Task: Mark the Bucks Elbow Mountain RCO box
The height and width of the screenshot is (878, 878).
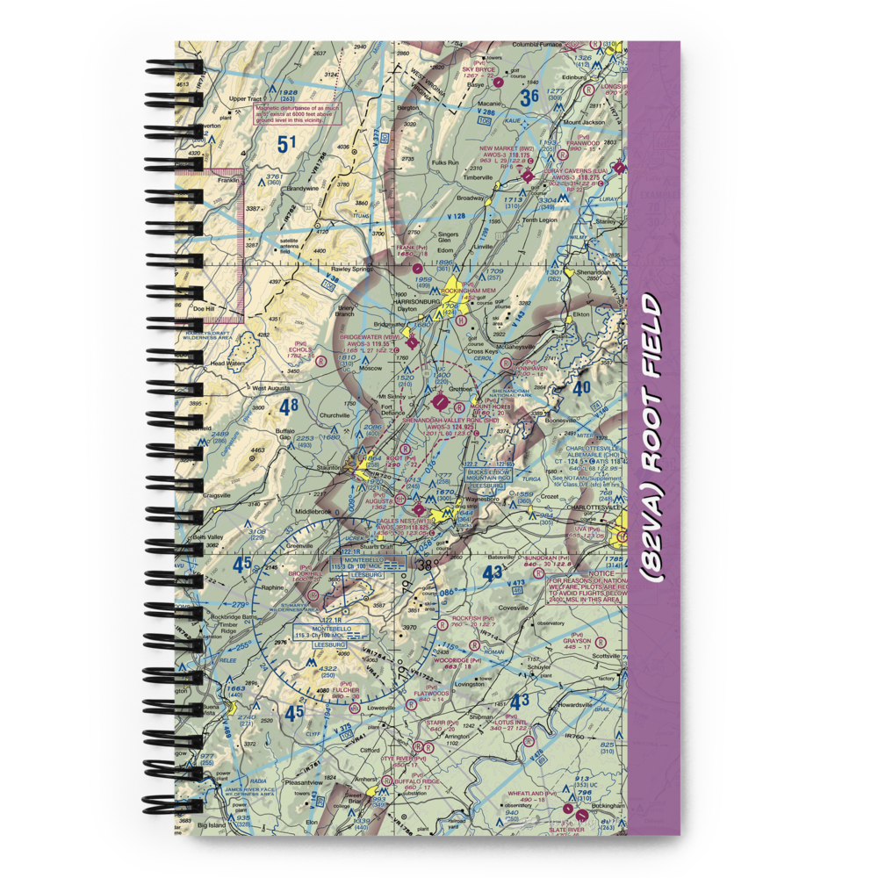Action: point(489,475)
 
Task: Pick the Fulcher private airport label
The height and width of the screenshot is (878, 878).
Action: point(345,689)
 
